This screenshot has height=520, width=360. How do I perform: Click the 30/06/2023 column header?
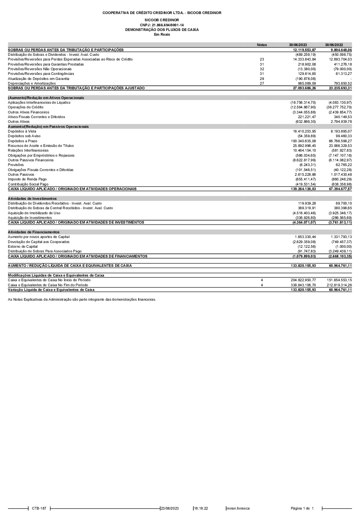298,45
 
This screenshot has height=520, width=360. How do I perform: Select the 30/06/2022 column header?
334,45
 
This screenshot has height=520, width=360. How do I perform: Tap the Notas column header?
262,45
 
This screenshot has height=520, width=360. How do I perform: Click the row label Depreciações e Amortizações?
32,84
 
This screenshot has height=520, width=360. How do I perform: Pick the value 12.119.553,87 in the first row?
304,50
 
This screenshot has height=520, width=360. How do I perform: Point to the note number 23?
262,59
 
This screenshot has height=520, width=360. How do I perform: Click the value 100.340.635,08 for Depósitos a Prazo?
303,141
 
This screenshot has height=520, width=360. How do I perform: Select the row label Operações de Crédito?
26,107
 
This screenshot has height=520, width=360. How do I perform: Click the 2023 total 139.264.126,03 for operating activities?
303,189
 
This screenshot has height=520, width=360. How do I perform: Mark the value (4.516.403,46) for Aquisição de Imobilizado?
304,213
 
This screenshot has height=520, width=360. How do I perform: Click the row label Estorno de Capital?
23,247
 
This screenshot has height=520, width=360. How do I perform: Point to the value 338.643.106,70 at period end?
303,285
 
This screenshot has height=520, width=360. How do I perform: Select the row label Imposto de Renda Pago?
27,179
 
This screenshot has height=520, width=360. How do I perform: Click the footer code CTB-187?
39,508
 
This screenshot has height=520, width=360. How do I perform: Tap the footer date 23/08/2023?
170,508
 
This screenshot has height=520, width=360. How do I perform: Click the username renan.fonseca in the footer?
238,508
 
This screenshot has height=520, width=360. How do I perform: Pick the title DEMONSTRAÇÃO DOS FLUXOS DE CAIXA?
162,30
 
